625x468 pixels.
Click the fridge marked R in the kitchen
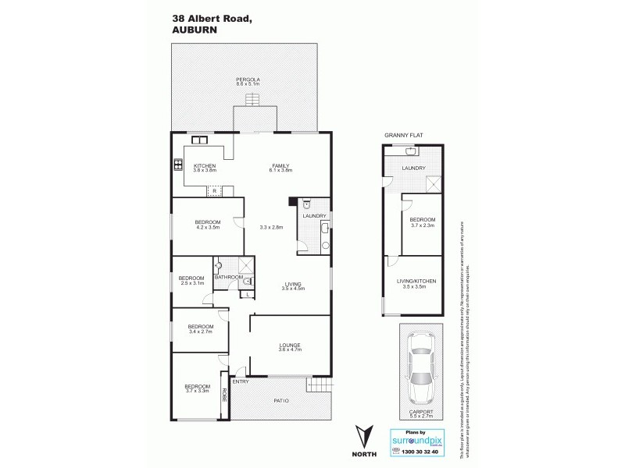tap(213, 190)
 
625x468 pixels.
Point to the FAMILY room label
tap(281, 168)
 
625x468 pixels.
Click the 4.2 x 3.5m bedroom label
tap(208, 225)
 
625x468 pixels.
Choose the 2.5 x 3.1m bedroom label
tap(191, 280)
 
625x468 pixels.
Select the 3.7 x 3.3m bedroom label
tap(197, 388)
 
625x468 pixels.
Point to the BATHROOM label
tap(229, 277)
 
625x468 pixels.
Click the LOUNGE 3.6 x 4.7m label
tap(291, 347)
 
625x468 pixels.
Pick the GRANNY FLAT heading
tap(398, 136)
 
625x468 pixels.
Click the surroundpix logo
tap(414, 441)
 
